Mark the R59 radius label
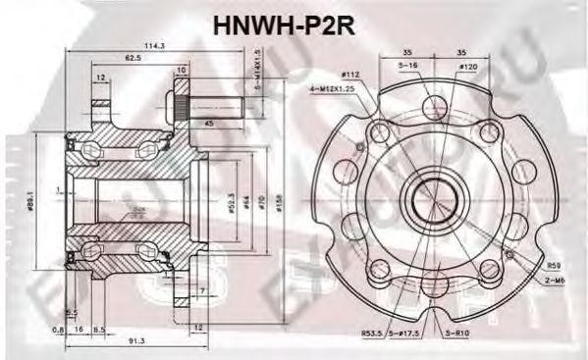point(556,264)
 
